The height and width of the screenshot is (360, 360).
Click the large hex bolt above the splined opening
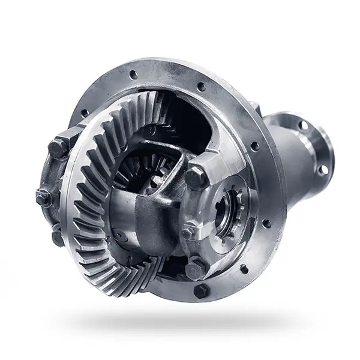[197, 178]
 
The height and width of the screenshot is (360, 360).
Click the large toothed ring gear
[90, 198]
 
